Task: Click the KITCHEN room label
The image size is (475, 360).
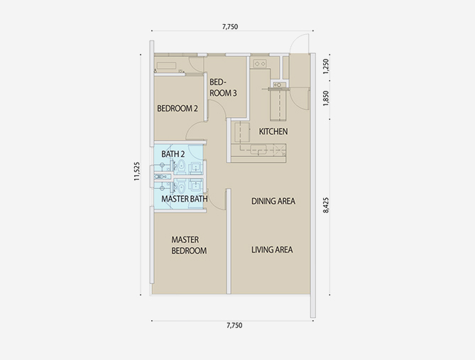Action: click(x=273, y=131)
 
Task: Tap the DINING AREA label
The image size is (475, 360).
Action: click(x=273, y=201)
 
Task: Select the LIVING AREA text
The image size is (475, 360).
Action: click(x=272, y=250)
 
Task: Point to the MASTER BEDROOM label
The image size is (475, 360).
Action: click(x=189, y=245)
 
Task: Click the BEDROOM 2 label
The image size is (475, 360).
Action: click(x=178, y=109)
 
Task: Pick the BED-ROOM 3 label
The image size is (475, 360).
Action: click(x=223, y=87)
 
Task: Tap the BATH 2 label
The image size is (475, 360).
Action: click(x=173, y=154)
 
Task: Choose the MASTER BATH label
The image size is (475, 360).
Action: click(x=185, y=199)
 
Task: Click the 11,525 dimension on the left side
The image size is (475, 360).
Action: click(x=137, y=172)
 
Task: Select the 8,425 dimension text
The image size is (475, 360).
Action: click(x=326, y=205)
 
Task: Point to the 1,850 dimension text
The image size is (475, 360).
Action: click(x=326, y=98)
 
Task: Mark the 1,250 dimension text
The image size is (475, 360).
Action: click(x=326, y=66)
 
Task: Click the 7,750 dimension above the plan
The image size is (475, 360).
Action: click(x=230, y=27)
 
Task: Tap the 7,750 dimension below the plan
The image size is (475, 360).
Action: click(x=234, y=325)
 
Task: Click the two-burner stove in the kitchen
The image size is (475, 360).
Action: click(x=260, y=64)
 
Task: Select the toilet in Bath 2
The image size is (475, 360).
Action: click(x=181, y=166)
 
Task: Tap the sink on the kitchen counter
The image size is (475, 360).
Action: click(x=258, y=150)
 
